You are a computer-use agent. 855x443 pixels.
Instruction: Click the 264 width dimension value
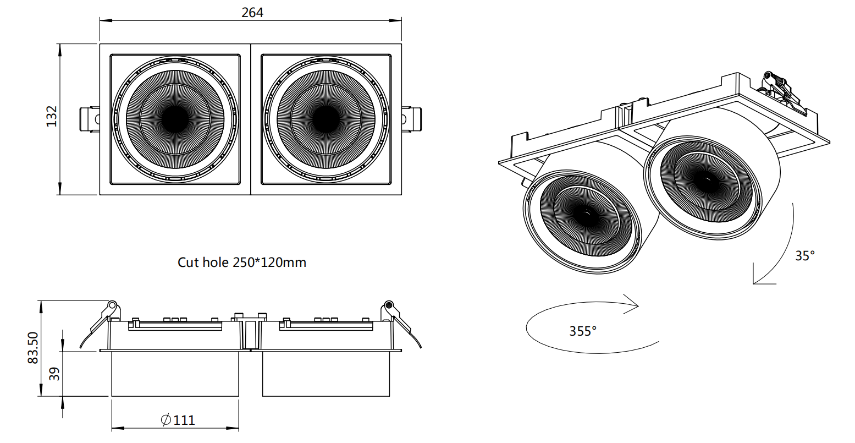(252, 13)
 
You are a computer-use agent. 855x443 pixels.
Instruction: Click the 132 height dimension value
(52, 117)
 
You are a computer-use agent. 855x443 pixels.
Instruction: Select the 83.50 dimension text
(33, 348)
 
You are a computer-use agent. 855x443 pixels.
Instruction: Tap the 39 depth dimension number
(54, 374)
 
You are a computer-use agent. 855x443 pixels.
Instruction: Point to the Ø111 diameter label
(178, 420)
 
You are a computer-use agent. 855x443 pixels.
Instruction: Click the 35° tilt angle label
(804, 255)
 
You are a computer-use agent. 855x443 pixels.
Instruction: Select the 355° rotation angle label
(582, 331)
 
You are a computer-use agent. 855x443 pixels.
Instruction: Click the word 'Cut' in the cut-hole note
(189, 262)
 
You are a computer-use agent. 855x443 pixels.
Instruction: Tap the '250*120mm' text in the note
(269, 262)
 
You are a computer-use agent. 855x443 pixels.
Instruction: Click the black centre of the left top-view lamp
(175, 119)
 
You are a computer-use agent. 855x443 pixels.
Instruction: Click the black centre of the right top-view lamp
(326, 119)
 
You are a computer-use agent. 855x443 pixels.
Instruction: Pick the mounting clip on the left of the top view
(90, 119)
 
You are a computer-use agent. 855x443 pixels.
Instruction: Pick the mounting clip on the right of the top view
(411, 119)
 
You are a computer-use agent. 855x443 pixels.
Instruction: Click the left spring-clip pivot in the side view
(112, 305)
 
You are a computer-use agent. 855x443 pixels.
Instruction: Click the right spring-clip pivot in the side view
(389, 305)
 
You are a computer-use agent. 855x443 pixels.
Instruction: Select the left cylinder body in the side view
(175, 374)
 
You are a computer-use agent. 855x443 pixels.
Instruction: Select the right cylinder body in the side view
(326, 374)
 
